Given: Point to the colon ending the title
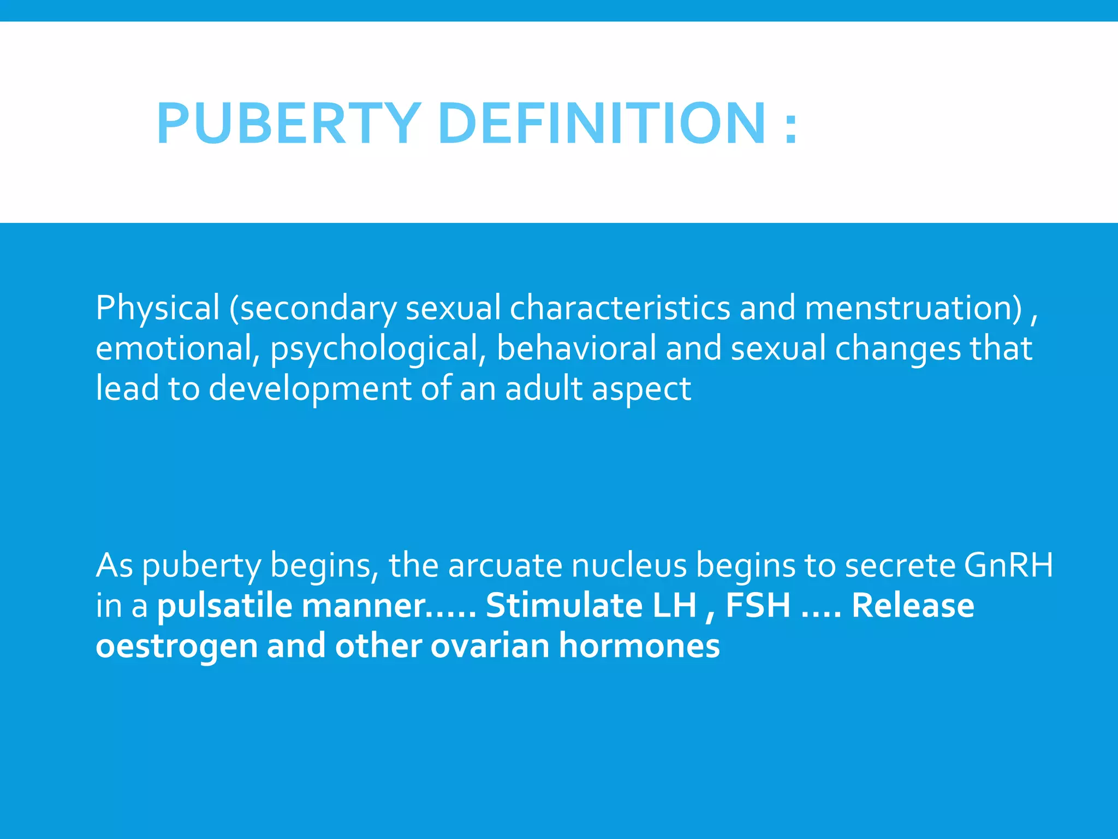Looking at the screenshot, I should [x=790, y=127].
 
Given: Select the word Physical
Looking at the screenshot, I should [x=157, y=308].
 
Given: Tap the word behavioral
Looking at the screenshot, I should [x=576, y=348].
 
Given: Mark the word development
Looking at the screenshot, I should [x=310, y=389].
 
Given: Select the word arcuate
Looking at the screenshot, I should [x=505, y=565].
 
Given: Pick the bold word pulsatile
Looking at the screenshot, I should [x=224, y=606].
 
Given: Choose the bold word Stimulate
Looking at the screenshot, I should [x=563, y=606].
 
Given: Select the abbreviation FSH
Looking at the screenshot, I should [x=758, y=606].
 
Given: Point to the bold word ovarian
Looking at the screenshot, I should [x=490, y=646].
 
